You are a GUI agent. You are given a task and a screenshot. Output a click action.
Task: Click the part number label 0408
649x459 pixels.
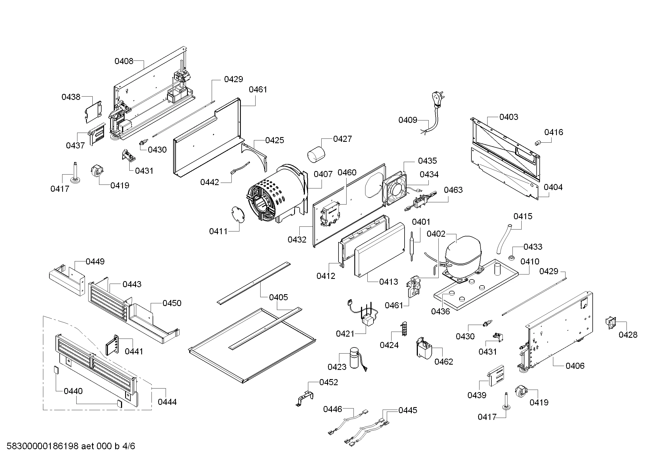click(124, 61)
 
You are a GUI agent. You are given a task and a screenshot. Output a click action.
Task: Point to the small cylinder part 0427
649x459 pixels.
click(316, 154)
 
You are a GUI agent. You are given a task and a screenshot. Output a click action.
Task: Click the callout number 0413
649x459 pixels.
click(388, 281)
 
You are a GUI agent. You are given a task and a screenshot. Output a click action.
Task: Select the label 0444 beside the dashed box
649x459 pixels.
click(167, 402)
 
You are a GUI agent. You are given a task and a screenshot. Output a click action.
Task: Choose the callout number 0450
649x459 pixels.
click(172, 303)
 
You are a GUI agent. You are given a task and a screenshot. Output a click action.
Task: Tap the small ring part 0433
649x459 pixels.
click(511, 258)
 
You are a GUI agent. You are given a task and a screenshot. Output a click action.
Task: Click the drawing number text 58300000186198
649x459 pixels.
click(42, 446)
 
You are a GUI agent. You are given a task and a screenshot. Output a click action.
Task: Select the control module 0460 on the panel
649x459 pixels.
click(330, 217)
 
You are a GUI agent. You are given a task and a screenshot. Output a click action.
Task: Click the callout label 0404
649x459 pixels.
click(553, 187)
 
